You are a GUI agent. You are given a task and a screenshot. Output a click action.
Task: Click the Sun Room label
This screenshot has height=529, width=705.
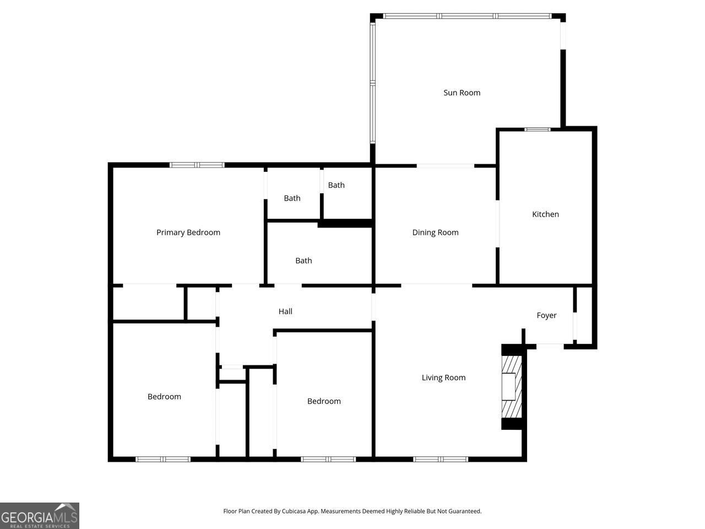point(462,93)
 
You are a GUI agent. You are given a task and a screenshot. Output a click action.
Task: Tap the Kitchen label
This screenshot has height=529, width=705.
point(545,214)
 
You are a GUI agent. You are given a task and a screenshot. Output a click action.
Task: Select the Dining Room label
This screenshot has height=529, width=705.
point(435,233)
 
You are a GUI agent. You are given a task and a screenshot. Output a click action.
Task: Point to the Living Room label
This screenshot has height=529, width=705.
point(443,377)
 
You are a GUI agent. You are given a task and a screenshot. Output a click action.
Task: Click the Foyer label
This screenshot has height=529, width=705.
point(546,315)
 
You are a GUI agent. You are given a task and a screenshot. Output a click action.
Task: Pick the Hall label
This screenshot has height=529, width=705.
point(285,311)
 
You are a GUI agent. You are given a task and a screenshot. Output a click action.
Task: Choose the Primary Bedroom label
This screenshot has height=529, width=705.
point(188,233)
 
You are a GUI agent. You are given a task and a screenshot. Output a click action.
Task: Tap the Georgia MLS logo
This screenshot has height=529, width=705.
point(40,516)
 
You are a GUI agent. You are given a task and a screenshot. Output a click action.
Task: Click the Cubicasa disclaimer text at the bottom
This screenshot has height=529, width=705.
point(352,511)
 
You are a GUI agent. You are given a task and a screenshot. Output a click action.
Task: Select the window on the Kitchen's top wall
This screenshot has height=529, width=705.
point(537,129)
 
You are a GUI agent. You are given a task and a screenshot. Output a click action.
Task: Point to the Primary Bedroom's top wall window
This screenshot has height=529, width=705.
point(197,165)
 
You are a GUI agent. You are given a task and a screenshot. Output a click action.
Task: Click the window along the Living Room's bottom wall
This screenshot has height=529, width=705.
point(441,459)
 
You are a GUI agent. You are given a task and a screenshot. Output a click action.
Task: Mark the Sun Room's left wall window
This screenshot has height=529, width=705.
point(373,83)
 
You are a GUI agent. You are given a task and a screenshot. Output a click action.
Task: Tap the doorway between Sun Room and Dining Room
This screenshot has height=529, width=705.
point(445,165)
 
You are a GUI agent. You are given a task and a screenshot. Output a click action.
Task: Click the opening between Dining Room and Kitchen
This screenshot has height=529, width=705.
point(498,223)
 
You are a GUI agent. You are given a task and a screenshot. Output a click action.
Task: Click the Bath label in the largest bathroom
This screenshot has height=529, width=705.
point(303,261)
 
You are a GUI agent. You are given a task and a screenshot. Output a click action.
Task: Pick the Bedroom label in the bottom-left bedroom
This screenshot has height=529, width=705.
point(164,397)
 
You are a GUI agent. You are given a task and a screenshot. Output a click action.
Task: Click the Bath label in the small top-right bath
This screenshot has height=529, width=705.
point(336,185)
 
